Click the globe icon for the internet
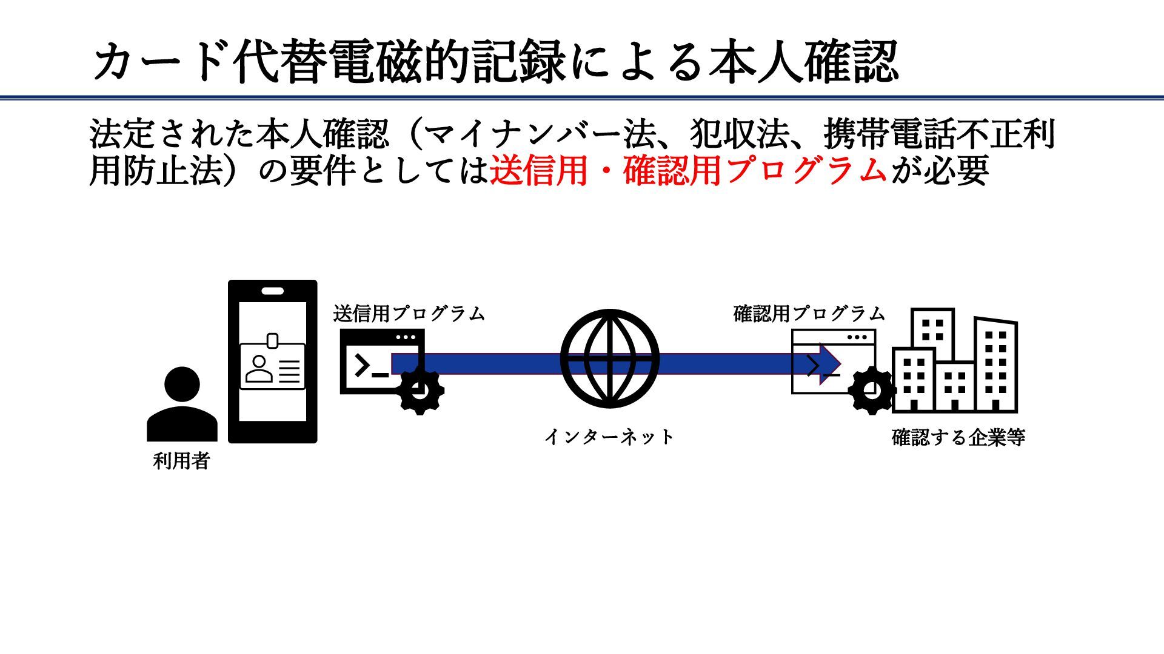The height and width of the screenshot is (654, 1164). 609,358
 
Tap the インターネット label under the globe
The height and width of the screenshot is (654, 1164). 609,437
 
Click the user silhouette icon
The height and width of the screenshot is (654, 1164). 182,404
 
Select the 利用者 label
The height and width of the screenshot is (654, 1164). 181,461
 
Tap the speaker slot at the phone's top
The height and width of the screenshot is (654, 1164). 272,291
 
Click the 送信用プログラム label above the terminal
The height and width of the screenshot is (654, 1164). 409,314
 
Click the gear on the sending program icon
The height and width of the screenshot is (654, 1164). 420,391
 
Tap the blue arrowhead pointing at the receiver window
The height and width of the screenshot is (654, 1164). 829,363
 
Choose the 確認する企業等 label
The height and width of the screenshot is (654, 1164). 958,437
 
